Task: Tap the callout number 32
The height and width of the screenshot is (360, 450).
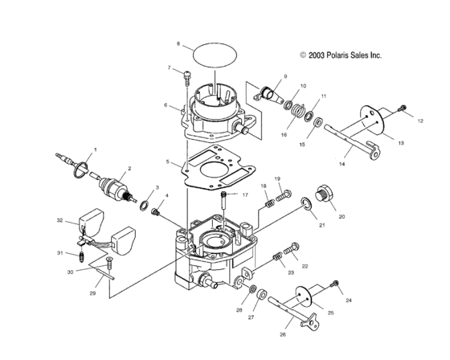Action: (x=59, y=220)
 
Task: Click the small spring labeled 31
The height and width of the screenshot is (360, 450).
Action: (x=81, y=257)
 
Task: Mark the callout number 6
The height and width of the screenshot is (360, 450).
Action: (x=166, y=105)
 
